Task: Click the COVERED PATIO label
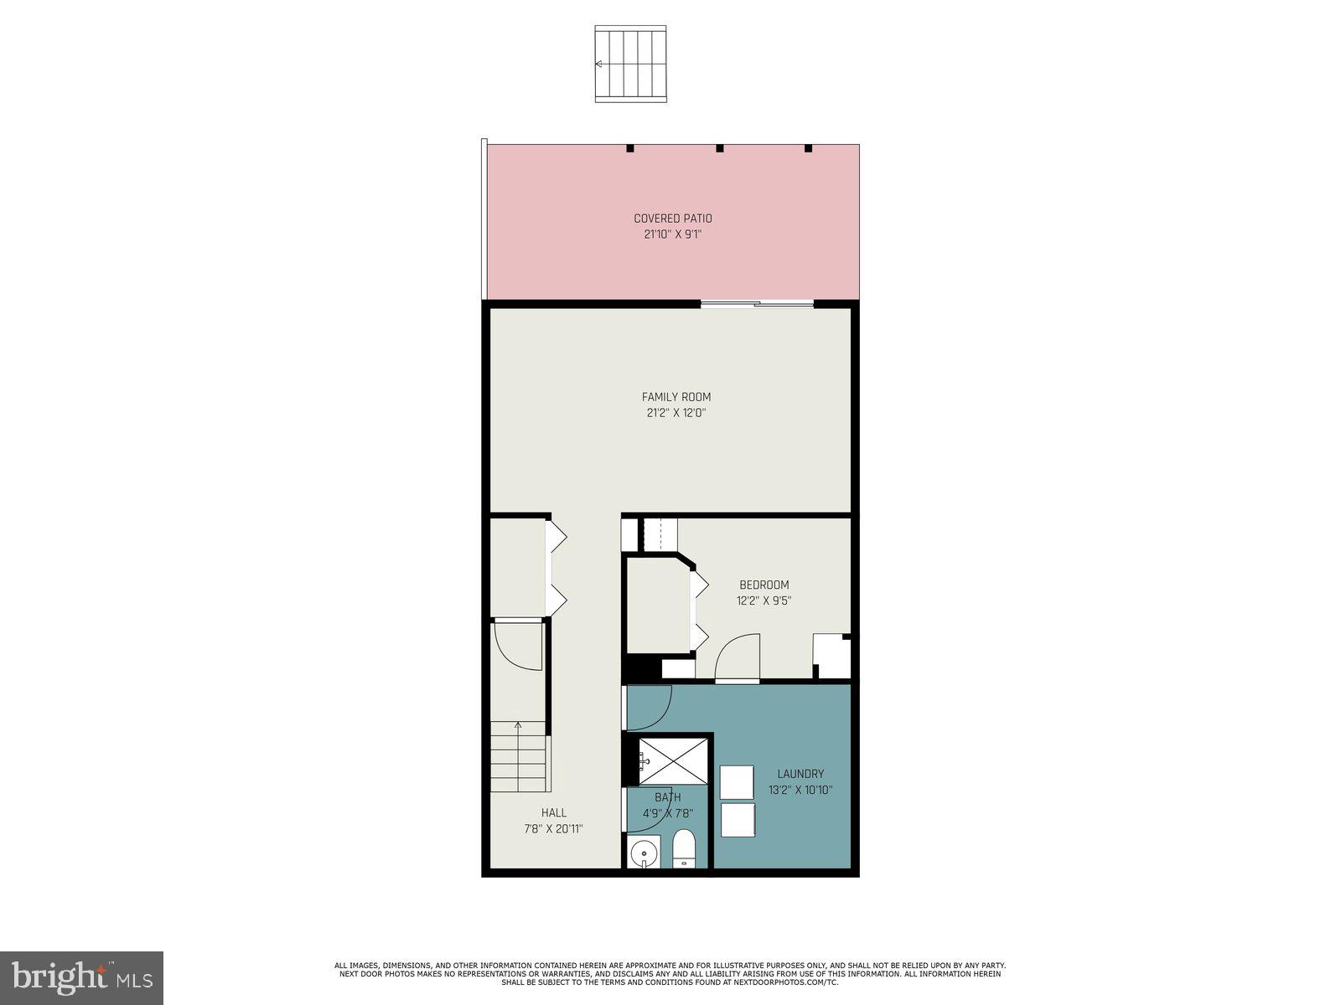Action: (672, 219)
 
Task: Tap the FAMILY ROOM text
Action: (676, 397)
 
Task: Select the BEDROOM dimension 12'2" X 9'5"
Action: (764, 600)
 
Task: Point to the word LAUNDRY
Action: (800, 774)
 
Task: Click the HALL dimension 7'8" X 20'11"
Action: (553, 828)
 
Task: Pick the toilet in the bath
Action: (685, 849)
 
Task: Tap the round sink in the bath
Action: (645, 854)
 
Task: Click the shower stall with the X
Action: (673, 760)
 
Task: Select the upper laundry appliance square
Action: (737, 782)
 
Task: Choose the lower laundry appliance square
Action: (737, 820)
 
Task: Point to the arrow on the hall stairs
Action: (518, 727)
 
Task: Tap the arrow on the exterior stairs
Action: (599, 64)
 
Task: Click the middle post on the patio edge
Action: (719, 148)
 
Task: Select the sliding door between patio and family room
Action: (757, 304)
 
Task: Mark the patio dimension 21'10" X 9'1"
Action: (672, 235)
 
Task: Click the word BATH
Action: (667, 797)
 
